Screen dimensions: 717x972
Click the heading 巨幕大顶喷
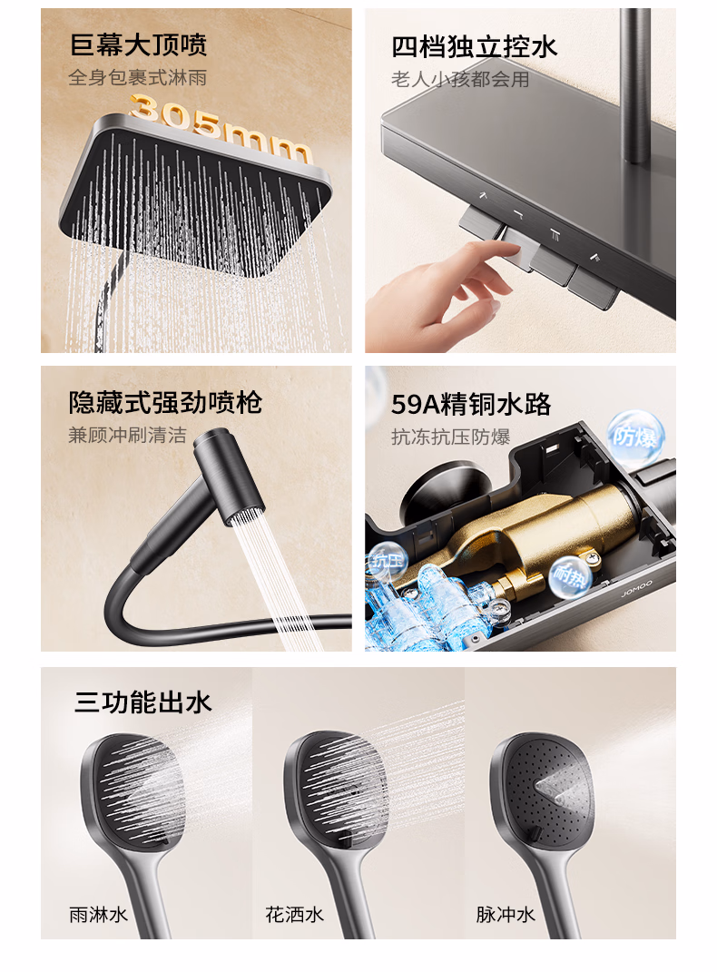[138, 45]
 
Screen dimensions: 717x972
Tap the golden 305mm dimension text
[220, 131]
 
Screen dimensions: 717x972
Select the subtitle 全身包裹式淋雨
[138, 77]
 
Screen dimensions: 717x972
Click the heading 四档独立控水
[474, 47]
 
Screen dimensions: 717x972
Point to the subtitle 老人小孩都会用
[460, 79]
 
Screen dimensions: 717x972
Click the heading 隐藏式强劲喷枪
[165, 403]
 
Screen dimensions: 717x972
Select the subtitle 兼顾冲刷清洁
[127, 435]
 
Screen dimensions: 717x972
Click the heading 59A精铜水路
[471, 405]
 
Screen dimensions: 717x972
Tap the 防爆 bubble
[636, 437]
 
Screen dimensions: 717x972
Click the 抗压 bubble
[386, 561]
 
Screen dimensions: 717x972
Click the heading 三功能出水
[143, 703]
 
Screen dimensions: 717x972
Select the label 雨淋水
[98, 914]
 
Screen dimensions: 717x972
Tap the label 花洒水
[294, 914]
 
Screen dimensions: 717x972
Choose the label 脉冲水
[505, 914]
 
